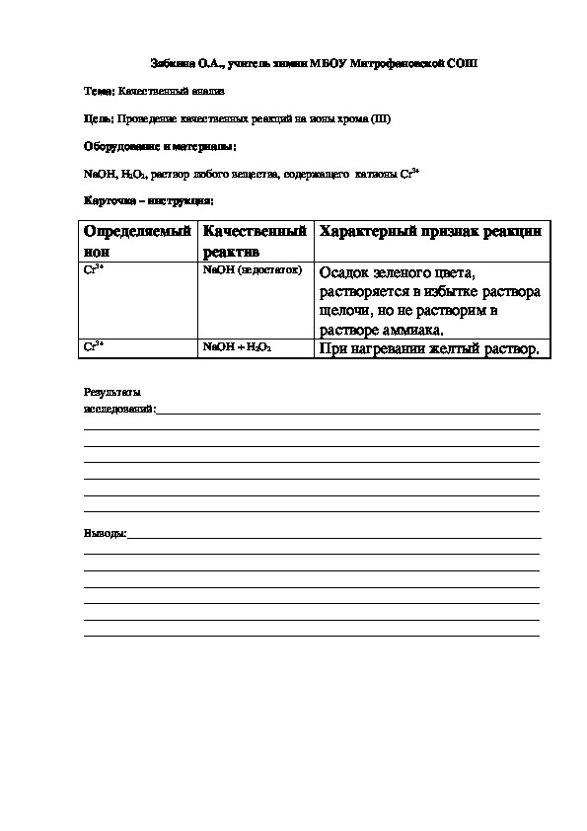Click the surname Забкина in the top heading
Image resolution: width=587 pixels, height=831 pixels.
173,63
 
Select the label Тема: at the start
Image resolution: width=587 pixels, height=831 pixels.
99,92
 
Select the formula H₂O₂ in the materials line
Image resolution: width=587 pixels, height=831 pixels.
133,174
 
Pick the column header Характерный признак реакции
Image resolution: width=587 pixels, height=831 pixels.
430,232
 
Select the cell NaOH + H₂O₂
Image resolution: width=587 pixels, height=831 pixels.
237,348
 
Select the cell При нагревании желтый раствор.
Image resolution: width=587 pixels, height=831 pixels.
429,349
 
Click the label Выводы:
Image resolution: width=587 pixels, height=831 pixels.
106,534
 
